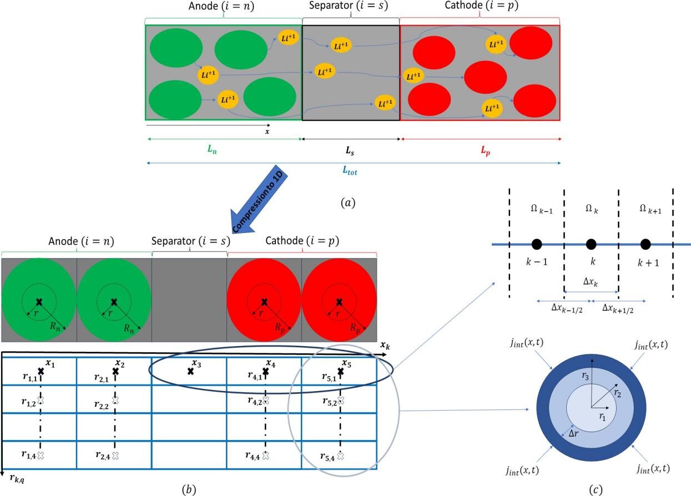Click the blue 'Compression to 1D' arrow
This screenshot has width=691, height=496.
(259, 199)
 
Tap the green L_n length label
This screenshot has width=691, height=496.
(212, 149)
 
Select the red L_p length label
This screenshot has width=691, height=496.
(485, 150)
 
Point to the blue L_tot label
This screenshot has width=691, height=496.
(350, 170)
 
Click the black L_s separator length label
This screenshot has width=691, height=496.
(350, 150)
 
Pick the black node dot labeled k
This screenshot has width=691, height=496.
(591, 244)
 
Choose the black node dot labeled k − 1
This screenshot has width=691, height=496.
(537, 244)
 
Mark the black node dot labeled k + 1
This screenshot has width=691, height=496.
(645, 244)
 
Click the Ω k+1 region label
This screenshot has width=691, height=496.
(650, 210)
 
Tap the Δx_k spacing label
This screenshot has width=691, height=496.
(591, 282)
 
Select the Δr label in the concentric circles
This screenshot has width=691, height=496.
(573, 433)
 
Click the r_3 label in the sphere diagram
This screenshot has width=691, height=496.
(585, 376)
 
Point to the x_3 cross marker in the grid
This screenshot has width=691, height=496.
(190, 371)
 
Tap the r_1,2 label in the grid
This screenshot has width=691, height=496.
(29, 402)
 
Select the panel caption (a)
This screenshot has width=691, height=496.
(349, 203)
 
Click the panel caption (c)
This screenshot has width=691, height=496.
(596, 490)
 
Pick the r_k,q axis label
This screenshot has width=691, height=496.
(17, 478)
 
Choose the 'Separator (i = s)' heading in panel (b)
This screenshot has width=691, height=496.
(190, 241)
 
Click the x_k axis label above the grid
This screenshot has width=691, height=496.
(385, 345)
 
